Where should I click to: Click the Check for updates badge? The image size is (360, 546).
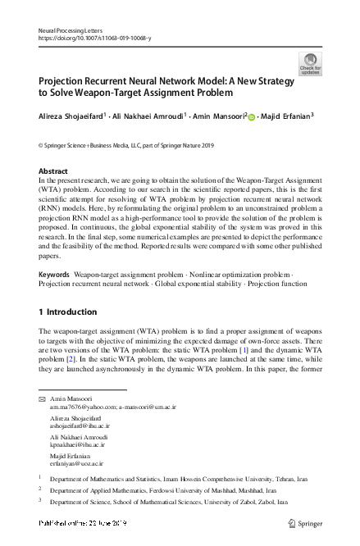311,62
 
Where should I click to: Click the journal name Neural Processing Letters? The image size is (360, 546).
69,30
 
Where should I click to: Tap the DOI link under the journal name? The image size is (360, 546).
95,38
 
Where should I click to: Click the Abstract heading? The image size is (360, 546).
54,171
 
